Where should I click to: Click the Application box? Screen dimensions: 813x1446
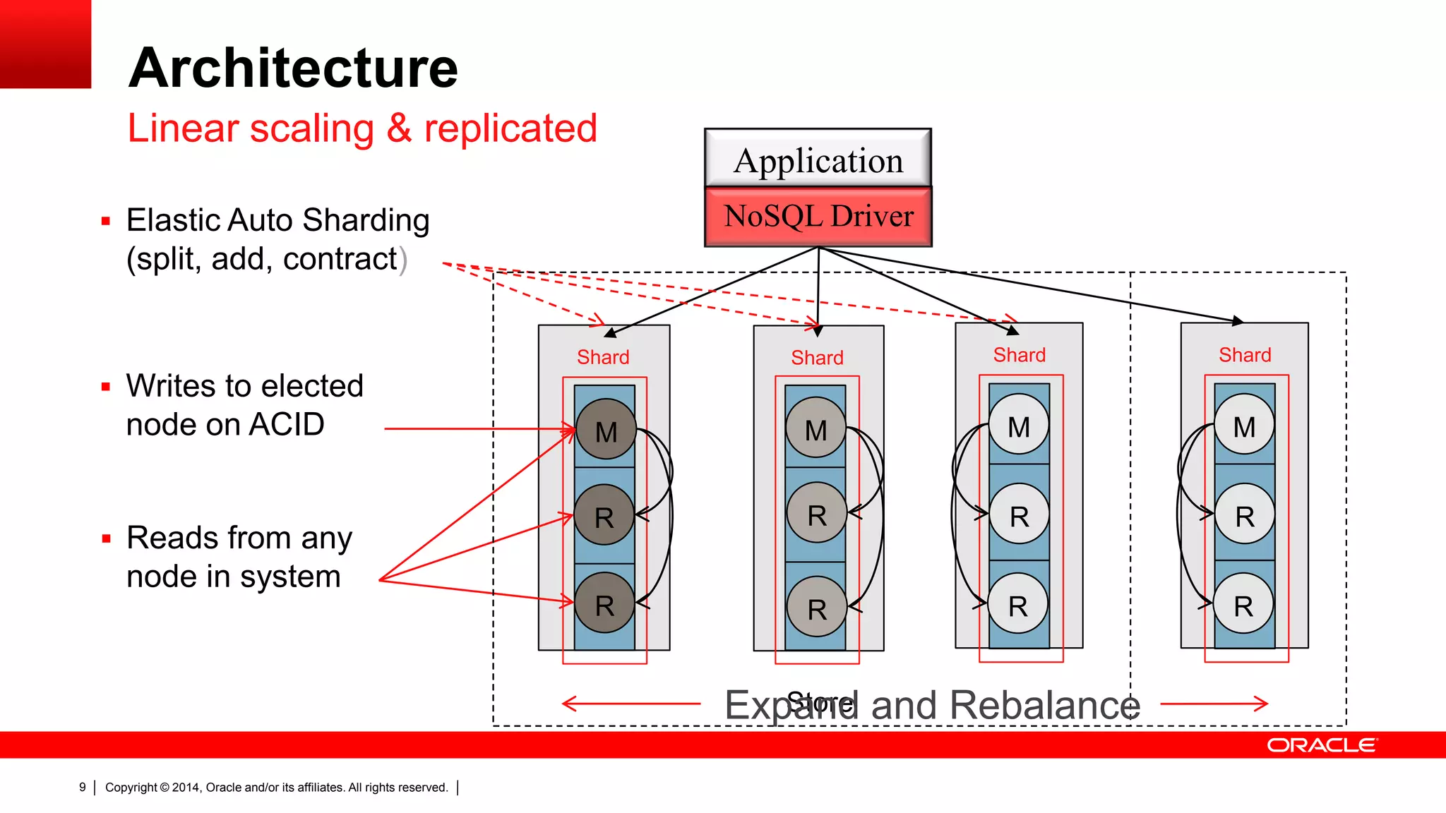click(x=818, y=159)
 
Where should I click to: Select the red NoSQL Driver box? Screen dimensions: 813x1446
click(x=818, y=217)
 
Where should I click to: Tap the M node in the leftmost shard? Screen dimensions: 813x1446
click(x=606, y=430)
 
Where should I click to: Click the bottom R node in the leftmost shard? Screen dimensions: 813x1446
click(x=604, y=604)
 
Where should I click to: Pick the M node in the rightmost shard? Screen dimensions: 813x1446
click(x=1244, y=426)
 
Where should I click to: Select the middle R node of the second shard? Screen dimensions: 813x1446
click(x=817, y=514)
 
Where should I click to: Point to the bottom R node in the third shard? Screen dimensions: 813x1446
click(x=1018, y=604)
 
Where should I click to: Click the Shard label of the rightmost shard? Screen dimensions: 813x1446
click(x=1245, y=355)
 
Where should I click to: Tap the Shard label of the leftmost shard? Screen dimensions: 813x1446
click(x=603, y=357)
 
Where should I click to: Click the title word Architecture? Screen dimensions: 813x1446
click(x=293, y=68)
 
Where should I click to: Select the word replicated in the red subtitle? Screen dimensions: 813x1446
click(x=510, y=128)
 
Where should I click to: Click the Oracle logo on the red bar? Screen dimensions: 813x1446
click(x=1321, y=745)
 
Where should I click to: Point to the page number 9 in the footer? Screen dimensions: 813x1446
click(x=83, y=787)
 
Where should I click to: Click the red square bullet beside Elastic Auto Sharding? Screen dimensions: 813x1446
click(x=106, y=222)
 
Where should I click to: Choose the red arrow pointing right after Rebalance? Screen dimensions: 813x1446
click(x=1214, y=703)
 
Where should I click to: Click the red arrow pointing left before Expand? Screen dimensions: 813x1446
click(x=631, y=703)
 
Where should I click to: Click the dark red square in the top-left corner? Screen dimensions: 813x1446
click(x=45, y=44)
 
